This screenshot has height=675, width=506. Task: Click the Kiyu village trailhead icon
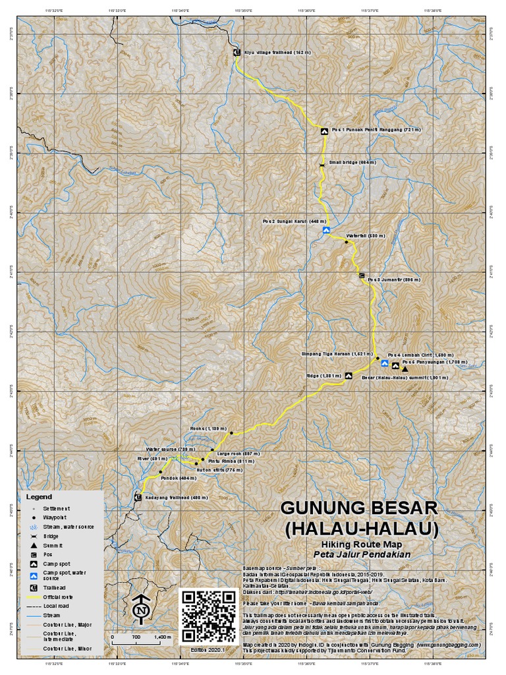237,51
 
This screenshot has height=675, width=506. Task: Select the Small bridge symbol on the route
322,164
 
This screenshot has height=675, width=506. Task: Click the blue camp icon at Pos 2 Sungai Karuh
326,231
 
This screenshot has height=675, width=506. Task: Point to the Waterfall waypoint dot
346,242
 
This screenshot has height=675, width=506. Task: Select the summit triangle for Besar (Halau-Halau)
405,368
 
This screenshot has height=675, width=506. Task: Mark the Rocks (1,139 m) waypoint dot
231,432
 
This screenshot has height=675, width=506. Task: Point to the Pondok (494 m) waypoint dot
160,472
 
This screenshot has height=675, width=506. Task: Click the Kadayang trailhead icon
138,497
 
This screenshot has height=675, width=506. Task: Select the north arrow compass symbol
140,610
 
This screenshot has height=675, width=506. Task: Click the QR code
209,616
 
